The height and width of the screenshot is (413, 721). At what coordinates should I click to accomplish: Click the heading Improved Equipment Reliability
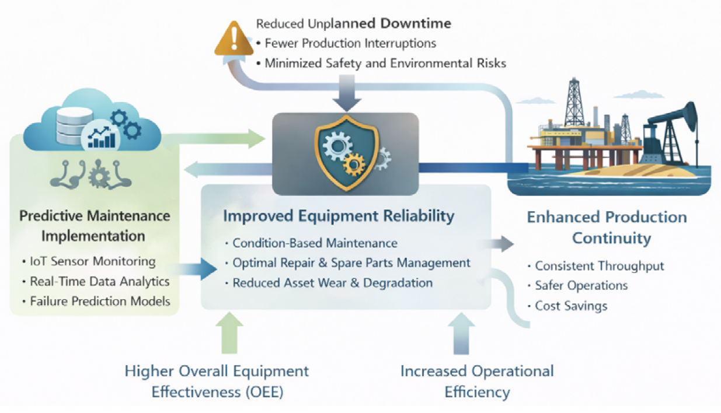(339, 216)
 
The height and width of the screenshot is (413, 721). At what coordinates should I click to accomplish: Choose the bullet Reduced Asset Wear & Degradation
(332, 283)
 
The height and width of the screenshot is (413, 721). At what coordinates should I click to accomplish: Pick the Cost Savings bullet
(570, 306)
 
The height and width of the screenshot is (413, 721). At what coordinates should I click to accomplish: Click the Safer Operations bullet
(581, 285)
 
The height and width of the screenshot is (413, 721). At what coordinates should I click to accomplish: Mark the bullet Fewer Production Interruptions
(350, 43)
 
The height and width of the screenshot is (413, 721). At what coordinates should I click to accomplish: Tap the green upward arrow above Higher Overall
(230, 333)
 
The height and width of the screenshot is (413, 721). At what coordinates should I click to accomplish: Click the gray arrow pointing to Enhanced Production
(501, 244)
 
